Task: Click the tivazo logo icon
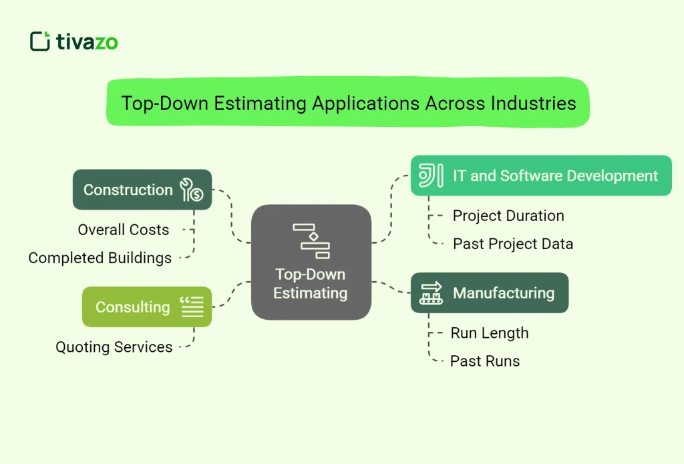point(40,41)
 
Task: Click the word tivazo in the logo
point(87,42)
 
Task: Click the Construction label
point(128,190)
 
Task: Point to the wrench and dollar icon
point(192,190)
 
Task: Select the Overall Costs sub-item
point(124,230)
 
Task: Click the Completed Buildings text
point(100,258)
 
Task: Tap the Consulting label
point(132,307)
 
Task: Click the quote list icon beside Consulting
point(192,307)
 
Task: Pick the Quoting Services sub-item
point(114,347)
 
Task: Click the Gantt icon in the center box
point(311,241)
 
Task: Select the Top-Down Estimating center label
point(311,284)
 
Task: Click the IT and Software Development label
point(555,176)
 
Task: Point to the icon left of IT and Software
point(431,176)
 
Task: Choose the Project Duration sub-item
point(508,216)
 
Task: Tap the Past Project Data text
point(513,244)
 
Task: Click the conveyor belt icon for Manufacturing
point(431,292)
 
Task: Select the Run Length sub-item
point(490,332)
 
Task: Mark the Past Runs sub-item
point(485,361)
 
